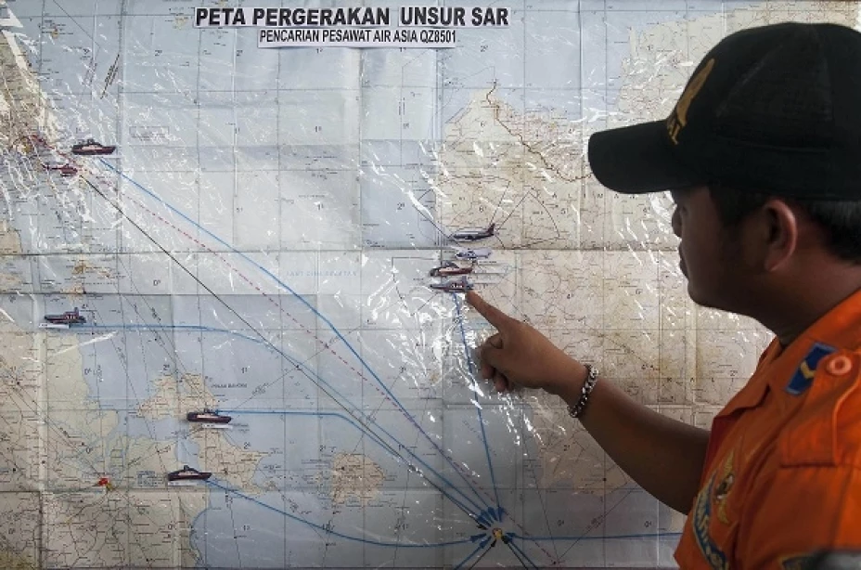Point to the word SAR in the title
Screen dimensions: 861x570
point(492,17)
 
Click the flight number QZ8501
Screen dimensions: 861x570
point(430,38)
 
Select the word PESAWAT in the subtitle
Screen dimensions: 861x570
point(350,38)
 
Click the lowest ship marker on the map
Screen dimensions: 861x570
point(188,474)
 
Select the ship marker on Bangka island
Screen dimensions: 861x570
point(209,417)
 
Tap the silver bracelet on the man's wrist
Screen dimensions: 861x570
point(585,391)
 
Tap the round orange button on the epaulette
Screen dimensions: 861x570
point(841,364)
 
